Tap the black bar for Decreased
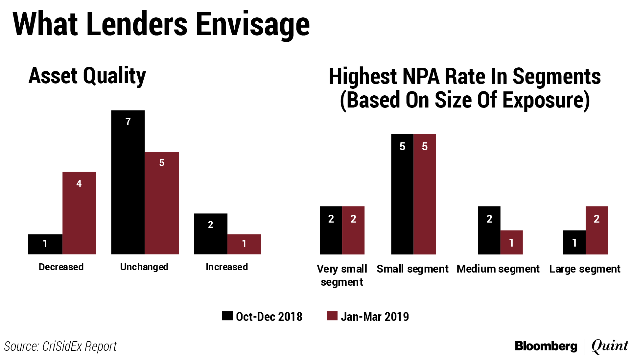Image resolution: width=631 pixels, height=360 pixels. [45, 244]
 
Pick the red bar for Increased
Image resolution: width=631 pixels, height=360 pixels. [244, 244]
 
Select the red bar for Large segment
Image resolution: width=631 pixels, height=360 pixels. [596, 230]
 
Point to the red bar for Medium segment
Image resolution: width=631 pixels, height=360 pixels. [511, 242]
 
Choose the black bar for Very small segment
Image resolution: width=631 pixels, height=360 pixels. [331, 230]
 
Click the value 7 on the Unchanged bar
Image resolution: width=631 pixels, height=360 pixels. [128, 122]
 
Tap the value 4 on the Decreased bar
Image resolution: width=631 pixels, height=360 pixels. [79, 183]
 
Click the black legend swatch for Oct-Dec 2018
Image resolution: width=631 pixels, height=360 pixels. [227, 316]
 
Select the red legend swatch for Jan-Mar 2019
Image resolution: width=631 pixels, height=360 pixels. [332, 316]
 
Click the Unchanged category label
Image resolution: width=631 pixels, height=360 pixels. [144, 267]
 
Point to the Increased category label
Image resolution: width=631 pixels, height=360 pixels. [227, 267]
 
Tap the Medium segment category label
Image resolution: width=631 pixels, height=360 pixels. [498, 269]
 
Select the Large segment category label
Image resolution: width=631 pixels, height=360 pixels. [585, 269]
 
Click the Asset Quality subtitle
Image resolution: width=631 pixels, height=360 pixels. [87, 76]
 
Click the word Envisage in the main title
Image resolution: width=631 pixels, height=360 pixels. [253, 25]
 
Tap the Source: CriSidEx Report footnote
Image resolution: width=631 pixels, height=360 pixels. [60, 346]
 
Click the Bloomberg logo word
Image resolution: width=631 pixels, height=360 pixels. [546, 346]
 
